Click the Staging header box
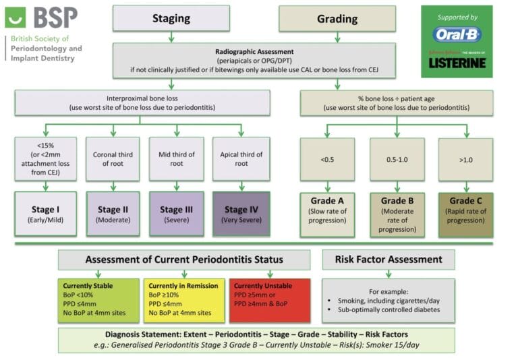170,19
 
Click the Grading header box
337,19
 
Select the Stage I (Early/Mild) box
45,214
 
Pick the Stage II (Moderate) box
112,214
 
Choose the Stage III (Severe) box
176,214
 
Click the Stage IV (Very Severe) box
241,214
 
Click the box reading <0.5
327,160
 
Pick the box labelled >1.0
465,160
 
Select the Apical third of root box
241,159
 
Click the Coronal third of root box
112,159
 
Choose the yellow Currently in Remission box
183,299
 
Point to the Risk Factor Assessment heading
388,260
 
